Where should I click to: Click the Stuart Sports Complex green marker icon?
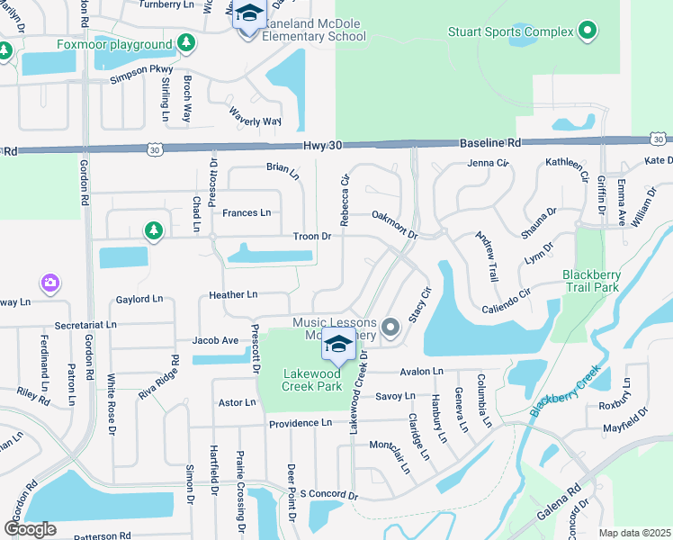point(588,32)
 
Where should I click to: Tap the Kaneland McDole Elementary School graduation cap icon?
point(247,15)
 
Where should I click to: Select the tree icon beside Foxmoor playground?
point(185,43)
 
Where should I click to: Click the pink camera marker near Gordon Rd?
point(49,283)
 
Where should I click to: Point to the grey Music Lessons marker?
point(390,328)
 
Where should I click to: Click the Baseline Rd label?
point(490,142)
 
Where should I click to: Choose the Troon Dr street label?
point(312,237)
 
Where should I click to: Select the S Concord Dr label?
point(329,495)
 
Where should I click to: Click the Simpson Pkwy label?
point(140,76)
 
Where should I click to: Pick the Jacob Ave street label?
point(215,340)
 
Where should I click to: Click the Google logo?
point(30,529)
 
